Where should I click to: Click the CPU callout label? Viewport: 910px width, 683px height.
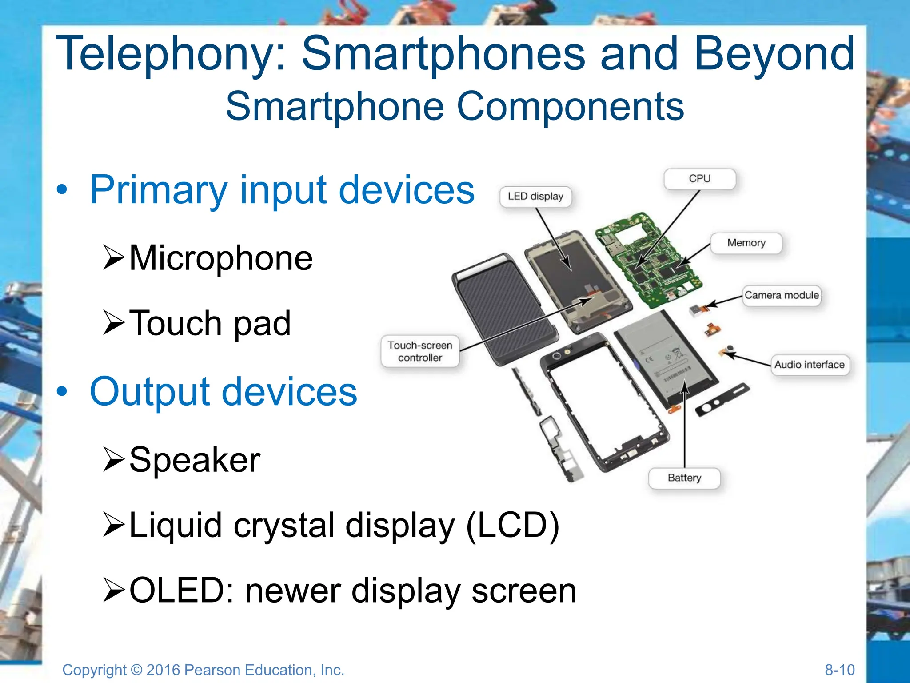(x=699, y=179)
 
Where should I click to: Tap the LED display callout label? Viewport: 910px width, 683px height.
(x=535, y=197)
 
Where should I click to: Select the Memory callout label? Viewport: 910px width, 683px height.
(x=746, y=243)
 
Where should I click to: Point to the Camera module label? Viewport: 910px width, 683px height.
(x=782, y=295)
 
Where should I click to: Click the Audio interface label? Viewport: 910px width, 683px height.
(x=809, y=365)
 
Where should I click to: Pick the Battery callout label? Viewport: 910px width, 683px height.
(x=684, y=478)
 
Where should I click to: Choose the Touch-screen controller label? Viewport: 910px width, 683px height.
(x=420, y=351)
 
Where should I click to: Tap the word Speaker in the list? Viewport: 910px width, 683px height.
(x=195, y=460)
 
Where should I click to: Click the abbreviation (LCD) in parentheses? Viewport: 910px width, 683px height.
(x=513, y=526)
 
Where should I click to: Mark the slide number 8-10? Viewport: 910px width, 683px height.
(x=839, y=670)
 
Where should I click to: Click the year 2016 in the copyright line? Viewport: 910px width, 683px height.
(x=163, y=670)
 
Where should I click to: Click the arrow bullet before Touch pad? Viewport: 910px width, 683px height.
(x=113, y=323)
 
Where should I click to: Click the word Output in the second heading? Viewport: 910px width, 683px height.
(x=149, y=392)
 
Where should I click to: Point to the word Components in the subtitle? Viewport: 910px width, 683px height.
(x=570, y=107)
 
